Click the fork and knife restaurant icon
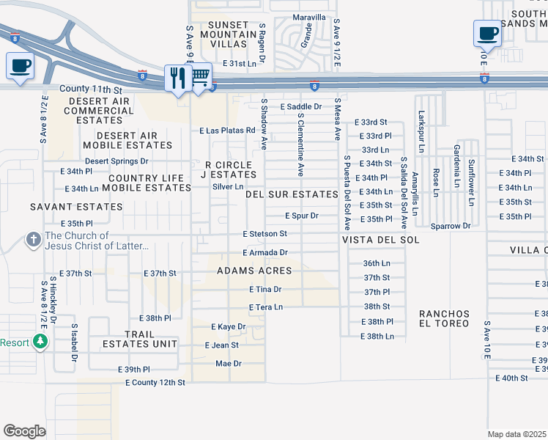coord(178,77)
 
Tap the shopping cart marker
coord(200,76)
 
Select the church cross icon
coord(33,240)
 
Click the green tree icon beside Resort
coord(41,342)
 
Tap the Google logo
coord(24,431)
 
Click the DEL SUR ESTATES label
coord(292,194)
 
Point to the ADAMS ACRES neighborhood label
coord(254,271)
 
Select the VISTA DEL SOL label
coord(380,240)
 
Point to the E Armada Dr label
coord(265,252)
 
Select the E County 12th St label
coord(155,383)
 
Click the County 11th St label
coord(90,89)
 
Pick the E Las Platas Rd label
coord(227,131)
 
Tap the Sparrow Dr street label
coord(450,226)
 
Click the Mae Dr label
coord(228,363)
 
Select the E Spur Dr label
coord(302,216)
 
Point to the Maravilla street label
coord(308,17)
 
